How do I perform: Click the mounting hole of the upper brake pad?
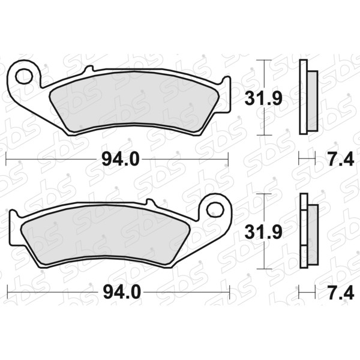pyautogui.click(x=24, y=76)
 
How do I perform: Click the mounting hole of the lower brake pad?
pyautogui.click(x=215, y=210)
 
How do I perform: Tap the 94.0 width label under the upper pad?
pyautogui.click(x=121, y=159)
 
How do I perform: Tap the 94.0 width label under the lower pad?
pyautogui.click(x=122, y=292)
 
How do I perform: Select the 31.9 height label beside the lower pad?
pyautogui.click(x=263, y=232)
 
